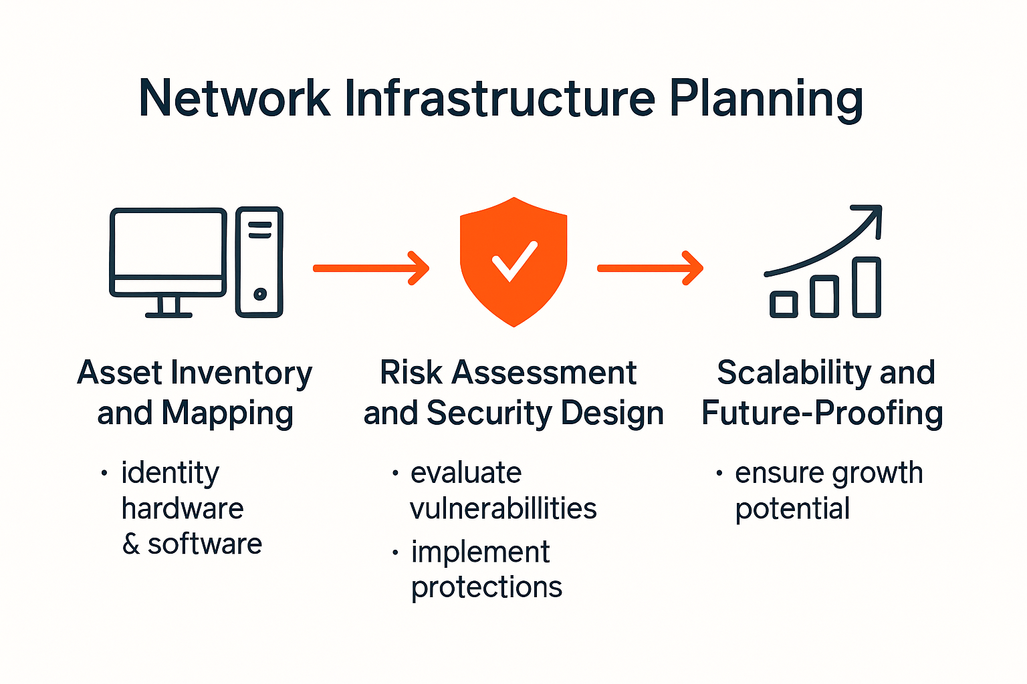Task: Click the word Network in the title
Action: [234, 99]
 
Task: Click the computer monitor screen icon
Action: [168, 243]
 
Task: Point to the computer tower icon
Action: [259, 262]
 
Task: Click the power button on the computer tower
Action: [260, 294]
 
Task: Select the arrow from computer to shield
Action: [370, 268]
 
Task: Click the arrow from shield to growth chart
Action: [649, 268]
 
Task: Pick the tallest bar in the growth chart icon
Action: [867, 287]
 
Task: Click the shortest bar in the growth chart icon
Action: [784, 305]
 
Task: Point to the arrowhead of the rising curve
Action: [872, 215]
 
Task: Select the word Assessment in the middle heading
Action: [544, 373]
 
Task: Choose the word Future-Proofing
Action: [822, 413]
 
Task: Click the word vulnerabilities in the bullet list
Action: [503, 509]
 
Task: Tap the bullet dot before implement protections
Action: [396, 552]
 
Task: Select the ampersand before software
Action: [131, 544]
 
